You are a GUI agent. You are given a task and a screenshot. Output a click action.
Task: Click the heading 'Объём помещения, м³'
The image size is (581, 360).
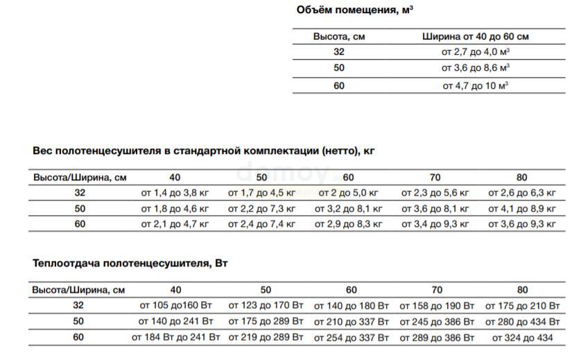pyautogui.click(x=355, y=10)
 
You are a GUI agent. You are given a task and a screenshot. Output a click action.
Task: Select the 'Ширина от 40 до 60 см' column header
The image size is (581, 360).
pyautogui.click(x=475, y=36)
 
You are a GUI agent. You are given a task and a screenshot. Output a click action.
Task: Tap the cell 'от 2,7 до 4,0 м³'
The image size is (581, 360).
pyautogui.click(x=476, y=52)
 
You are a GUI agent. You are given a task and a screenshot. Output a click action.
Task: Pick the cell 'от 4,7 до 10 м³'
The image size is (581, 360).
pyautogui.click(x=476, y=86)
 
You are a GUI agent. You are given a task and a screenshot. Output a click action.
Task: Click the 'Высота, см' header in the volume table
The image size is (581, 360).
pyautogui.click(x=339, y=36)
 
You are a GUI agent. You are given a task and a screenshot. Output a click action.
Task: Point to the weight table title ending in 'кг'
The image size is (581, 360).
pyautogui.click(x=204, y=150)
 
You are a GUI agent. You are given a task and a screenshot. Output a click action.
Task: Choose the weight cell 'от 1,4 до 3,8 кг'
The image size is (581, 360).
pyautogui.click(x=175, y=193)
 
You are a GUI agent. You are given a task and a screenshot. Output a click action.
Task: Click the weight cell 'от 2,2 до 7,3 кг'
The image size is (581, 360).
pyautogui.click(x=261, y=208)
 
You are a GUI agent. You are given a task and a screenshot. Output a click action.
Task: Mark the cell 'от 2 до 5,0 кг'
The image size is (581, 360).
pyautogui.click(x=348, y=193)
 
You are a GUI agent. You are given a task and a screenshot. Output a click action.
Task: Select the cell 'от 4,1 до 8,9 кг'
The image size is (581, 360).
pyautogui.click(x=522, y=208)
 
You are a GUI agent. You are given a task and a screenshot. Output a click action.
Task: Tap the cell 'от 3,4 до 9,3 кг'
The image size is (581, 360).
pyautogui.click(x=435, y=224)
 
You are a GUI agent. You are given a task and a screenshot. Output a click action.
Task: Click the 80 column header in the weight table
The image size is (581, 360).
pyautogui.click(x=522, y=178)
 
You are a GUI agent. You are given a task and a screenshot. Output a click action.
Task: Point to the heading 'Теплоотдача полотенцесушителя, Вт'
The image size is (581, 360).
pyautogui.click(x=130, y=264)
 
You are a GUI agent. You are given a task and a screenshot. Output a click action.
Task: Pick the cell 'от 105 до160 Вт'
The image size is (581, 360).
pyautogui.click(x=175, y=306)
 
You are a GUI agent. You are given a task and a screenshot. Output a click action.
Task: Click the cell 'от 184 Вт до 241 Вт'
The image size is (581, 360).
pyautogui.click(x=175, y=338)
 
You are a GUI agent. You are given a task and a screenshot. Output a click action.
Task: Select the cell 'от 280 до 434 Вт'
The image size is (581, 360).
pyautogui.click(x=522, y=322)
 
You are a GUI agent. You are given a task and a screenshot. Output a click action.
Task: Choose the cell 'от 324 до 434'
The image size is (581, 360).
pyautogui.click(x=522, y=338)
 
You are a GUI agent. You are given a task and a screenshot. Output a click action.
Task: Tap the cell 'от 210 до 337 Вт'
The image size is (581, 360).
pyautogui.click(x=352, y=322)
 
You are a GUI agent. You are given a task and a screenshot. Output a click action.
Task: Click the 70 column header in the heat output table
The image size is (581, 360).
pyautogui.click(x=437, y=290)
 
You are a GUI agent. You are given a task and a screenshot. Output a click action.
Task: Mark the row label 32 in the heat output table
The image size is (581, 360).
pyautogui.click(x=78, y=306)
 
